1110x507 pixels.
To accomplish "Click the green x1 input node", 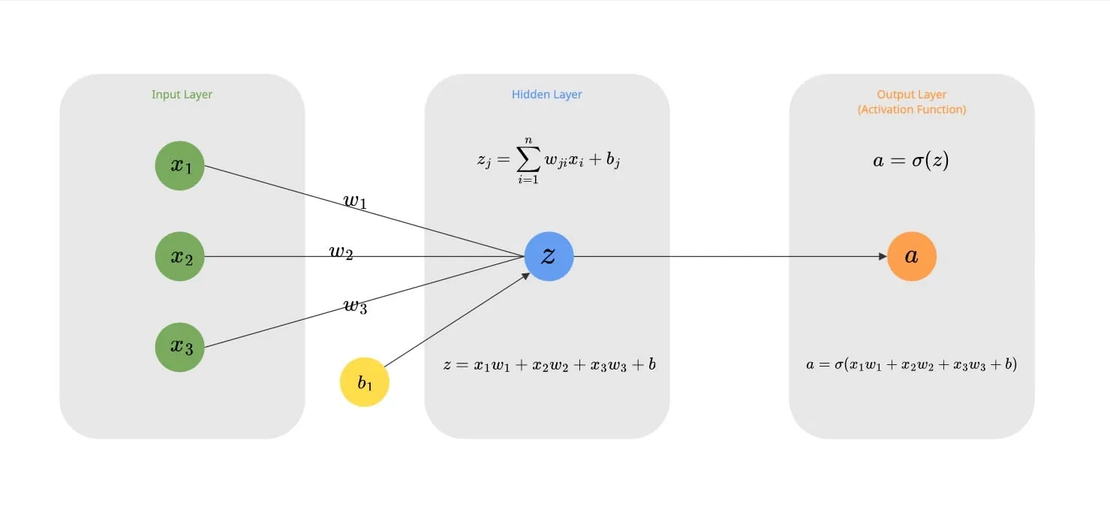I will [x=180, y=166].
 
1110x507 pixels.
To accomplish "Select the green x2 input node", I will [x=180, y=257].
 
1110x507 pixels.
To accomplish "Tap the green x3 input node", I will [x=180, y=347].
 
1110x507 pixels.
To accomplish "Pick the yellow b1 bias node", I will [x=365, y=382].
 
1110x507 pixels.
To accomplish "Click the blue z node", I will [x=549, y=256].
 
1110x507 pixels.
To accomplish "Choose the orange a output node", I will [x=911, y=256].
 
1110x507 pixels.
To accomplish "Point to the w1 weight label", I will [x=355, y=201].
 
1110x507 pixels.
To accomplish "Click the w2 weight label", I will [x=341, y=252].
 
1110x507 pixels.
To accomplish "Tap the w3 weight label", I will [x=355, y=306].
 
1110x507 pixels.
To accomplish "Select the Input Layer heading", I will [x=182, y=95].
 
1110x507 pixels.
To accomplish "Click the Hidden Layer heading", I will [x=547, y=95].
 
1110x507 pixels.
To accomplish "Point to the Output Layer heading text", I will [x=912, y=95].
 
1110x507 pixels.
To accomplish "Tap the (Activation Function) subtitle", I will [x=912, y=110].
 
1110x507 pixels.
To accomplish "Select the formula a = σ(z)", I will [x=911, y=160].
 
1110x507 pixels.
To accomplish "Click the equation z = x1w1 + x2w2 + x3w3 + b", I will [x=549, y=365].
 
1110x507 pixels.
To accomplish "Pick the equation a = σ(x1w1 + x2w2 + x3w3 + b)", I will [x=911, y=365].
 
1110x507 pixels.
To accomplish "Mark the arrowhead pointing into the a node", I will [x=883, y=256].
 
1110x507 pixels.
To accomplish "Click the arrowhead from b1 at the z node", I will [x=526, y=276].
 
